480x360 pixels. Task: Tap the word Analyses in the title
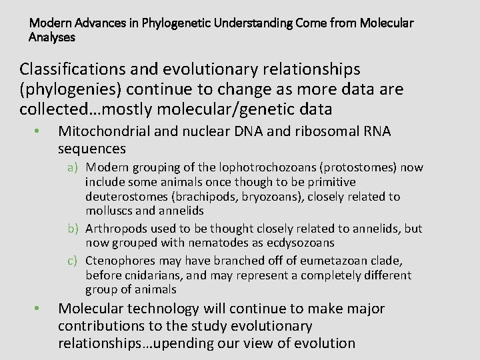(52, 37)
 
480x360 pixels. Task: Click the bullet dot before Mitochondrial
(40, 131)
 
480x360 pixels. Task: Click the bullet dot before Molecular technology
(40, 309)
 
